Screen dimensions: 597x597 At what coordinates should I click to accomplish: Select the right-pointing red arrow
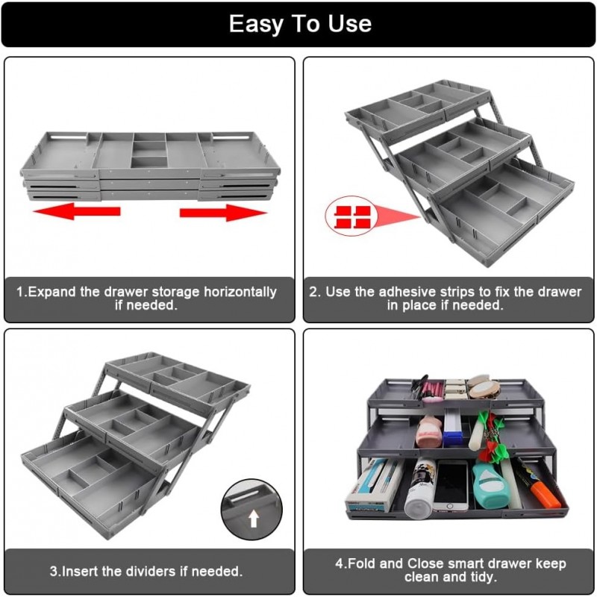(x=223, y=212)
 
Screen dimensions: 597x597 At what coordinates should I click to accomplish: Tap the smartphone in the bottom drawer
(x=450, y=485)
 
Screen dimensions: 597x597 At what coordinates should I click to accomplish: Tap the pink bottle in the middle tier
(x=429, y=431)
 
